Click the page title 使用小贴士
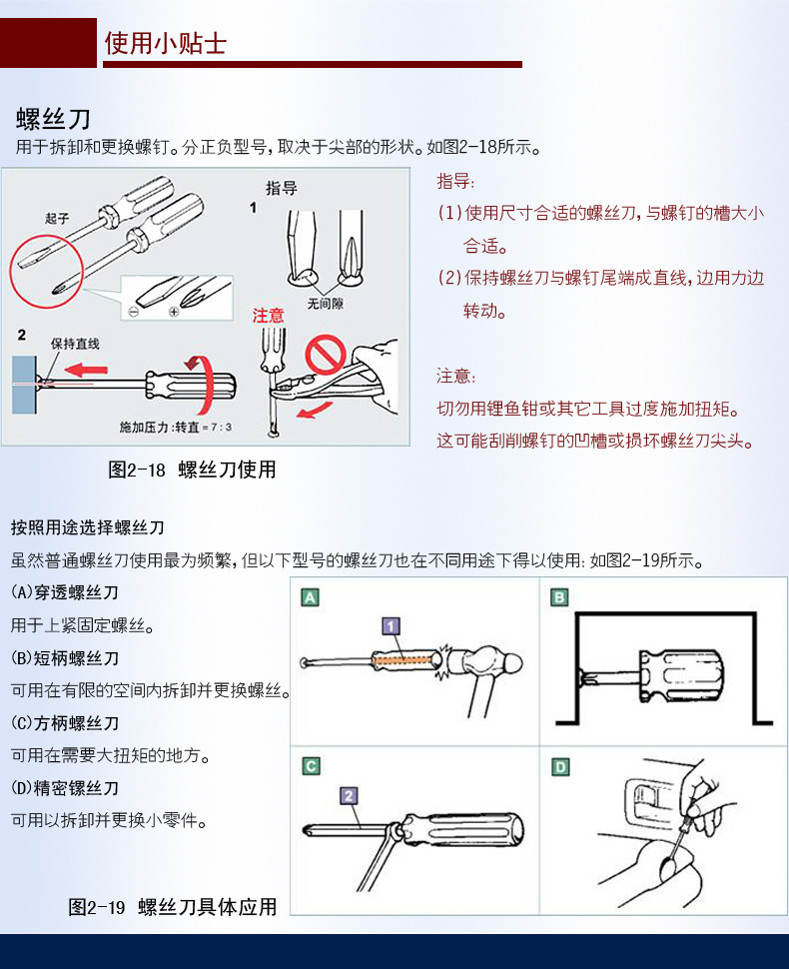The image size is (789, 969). (165, 43)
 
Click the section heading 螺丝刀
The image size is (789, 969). (54, 118)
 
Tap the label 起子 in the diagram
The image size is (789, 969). (57, 218)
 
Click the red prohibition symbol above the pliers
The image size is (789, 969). (326, 355)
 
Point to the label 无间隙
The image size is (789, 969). (325, 304)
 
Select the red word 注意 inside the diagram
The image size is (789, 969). (268, 316)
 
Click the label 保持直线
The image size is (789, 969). (75, 344)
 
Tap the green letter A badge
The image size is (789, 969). (310, 597)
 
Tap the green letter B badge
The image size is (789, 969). (559, 597)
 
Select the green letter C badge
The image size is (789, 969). (311, 766)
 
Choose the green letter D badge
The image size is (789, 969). (560, 767)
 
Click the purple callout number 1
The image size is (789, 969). (391, 626)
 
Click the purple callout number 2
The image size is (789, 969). (350, 796)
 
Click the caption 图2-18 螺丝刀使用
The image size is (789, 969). (192, 470)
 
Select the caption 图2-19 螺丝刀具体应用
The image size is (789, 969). (173, 907)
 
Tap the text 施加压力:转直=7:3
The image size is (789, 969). (176, 427)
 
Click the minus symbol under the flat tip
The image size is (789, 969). (134, 312)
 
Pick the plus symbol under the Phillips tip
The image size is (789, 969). (174, 312)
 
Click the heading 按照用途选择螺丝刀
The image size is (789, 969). (87, 527)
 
